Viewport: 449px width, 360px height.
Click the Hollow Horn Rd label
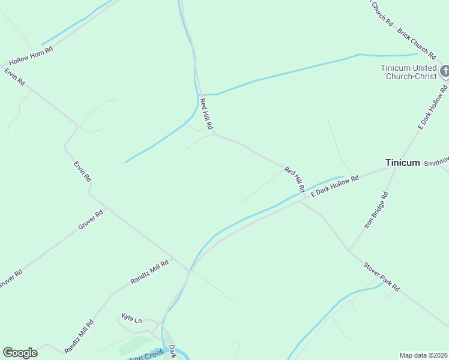coord(31,56)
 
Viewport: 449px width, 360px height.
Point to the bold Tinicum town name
coord(402,163)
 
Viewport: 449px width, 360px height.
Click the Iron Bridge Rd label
coord(376,210)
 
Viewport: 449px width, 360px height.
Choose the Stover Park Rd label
coord(381,277)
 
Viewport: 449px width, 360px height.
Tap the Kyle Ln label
coord(131,317)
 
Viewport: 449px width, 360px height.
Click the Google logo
coord(20,353)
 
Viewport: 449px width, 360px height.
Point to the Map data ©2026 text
coord(423,355)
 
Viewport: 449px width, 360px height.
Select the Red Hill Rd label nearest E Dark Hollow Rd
coord(295,180)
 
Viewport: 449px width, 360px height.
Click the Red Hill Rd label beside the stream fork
coord(206,115)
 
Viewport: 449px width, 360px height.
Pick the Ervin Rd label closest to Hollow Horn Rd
coord(14,77)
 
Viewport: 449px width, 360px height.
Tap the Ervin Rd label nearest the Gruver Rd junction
coord(82,171)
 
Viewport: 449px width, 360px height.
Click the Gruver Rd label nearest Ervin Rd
coord(91,220)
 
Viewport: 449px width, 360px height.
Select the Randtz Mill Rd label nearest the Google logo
coord(79,336)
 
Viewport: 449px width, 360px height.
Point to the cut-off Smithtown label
coord(436,163)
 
